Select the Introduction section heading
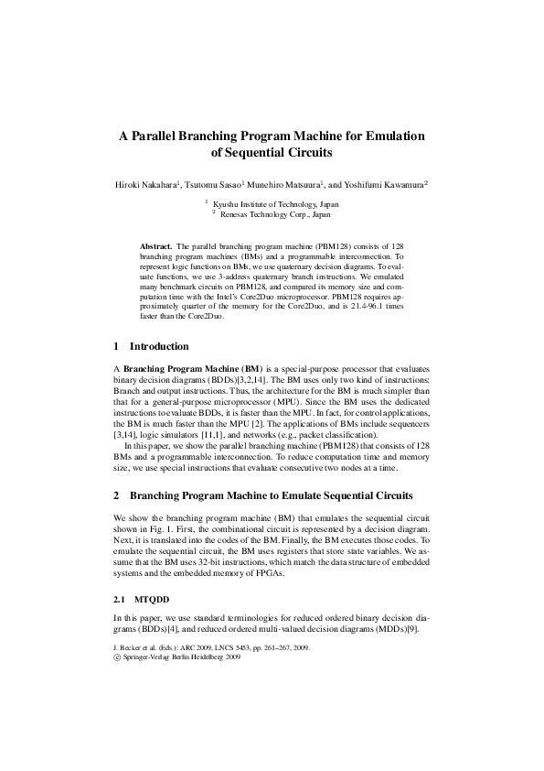159,347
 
